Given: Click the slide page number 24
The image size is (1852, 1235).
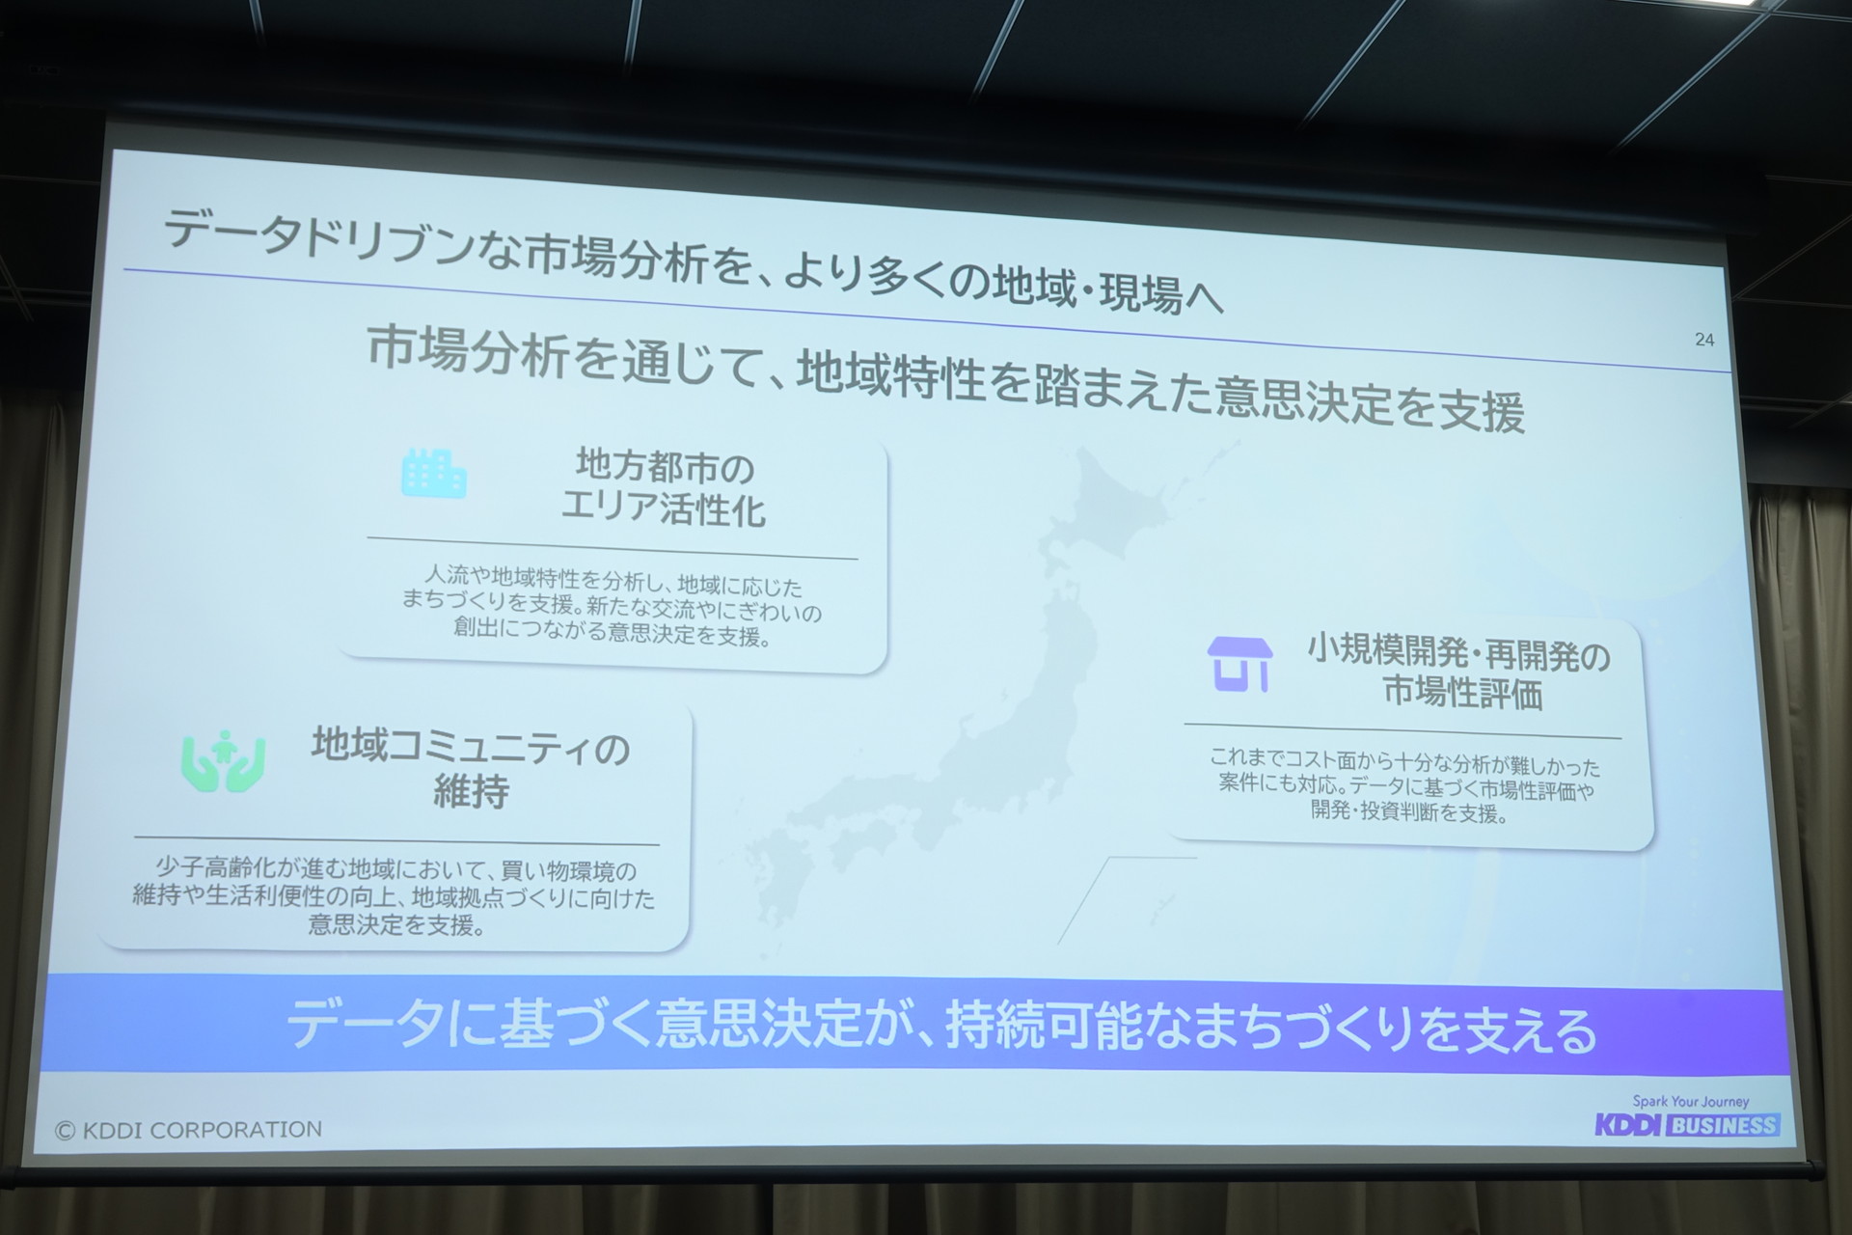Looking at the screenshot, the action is [1704, 340].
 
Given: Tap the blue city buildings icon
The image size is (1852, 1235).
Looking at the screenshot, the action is [434, 474].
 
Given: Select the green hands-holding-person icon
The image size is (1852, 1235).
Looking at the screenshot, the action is [223, 761].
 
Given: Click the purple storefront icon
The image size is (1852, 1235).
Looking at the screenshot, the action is [1239, 664].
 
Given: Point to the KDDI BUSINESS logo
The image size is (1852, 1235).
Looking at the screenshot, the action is [1687, 1125].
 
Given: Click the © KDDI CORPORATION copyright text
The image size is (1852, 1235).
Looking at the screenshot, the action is [189, 1130].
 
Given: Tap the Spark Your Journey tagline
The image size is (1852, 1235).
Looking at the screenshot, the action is [1691, 1101].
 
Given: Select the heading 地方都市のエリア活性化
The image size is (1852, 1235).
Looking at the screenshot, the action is [664, 489].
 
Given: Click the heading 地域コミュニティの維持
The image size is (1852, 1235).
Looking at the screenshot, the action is [471, 768].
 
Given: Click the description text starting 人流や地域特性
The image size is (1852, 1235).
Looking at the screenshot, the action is [613, 606].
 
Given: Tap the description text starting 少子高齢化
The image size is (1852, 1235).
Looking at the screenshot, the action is [394, 897].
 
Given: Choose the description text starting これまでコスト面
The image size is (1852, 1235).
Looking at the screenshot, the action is [1405, 785].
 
